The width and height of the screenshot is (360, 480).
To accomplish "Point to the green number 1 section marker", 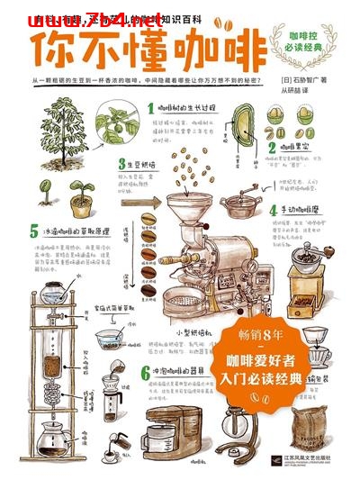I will (x=150, y=108).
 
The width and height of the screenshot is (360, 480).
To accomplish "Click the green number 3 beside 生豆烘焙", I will (x=119, y=165).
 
